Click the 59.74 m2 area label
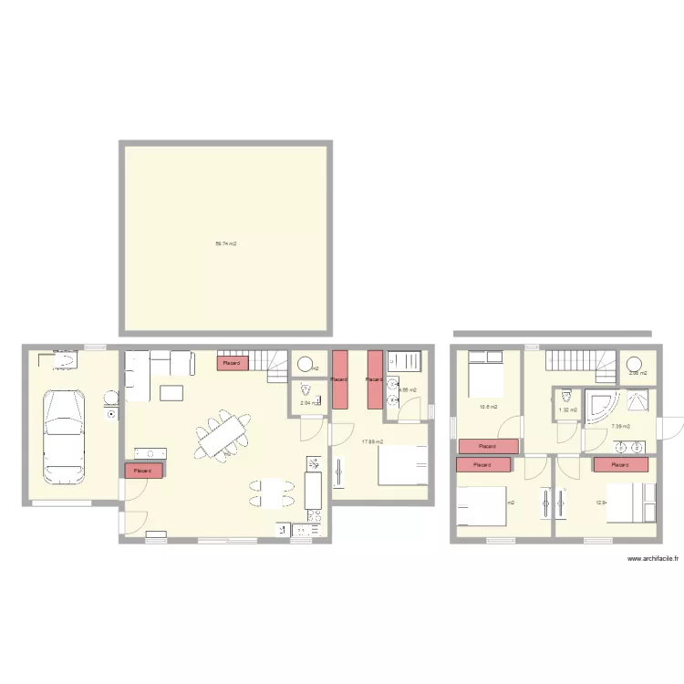[x=225, y=244]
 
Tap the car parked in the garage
[x=62, y=436]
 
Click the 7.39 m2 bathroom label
[x=620, y=426]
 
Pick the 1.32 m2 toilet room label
[x=567, y=410]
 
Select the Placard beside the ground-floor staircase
[x=233, y=363]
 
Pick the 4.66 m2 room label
[x=407, y=390]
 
